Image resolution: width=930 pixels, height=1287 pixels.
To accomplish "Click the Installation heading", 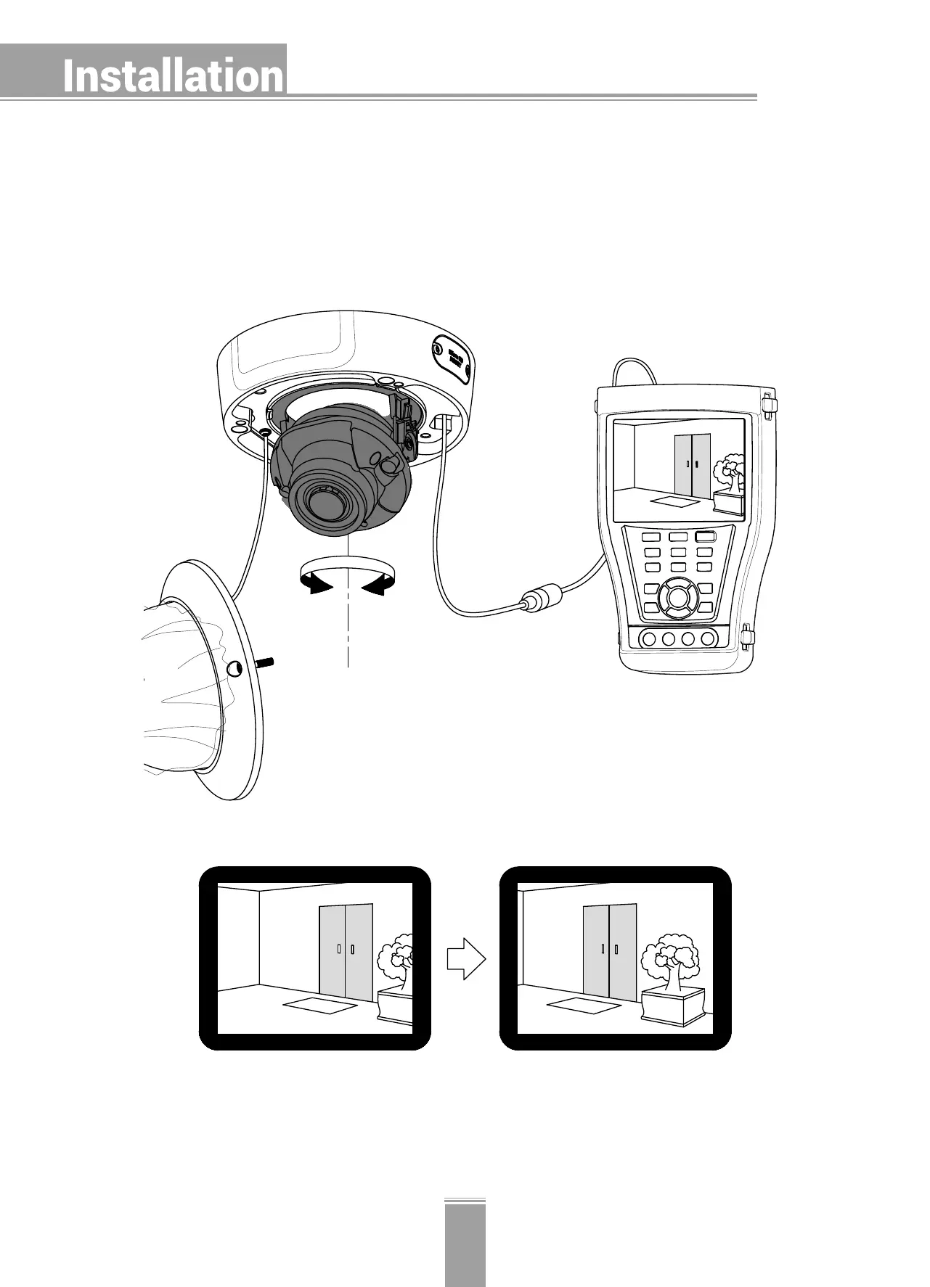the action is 173,76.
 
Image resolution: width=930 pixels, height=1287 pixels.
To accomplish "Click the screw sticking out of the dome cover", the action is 266,662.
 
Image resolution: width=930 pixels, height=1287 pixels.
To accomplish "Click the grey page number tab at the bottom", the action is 465,1243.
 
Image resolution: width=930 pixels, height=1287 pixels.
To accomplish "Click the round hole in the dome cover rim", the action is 235,670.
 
